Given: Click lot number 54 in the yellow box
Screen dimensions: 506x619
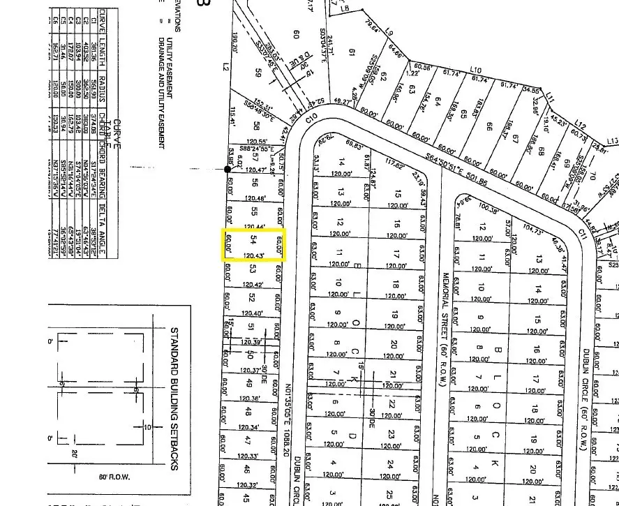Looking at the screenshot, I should click(x=252, y=239).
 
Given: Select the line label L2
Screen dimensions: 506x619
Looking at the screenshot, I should click(x=227, y=67).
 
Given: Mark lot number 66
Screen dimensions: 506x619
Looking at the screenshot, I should click(x=489, y=127).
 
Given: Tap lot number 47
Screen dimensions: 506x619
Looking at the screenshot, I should click(x=246, y=440).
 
